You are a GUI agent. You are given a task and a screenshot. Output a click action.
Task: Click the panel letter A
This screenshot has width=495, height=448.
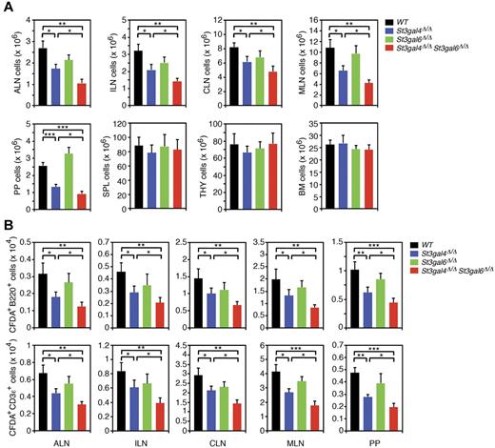click(8, 8)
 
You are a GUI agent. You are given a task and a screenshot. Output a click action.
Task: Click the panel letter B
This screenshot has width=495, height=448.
click(8, 227)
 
